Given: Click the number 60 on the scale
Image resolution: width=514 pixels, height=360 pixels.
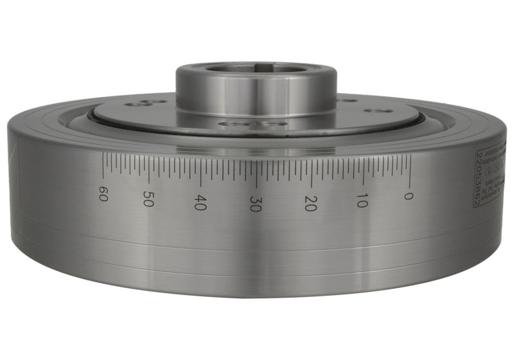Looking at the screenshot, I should click(102, 193).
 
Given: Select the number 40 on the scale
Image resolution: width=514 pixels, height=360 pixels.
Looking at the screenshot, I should click(200, 203).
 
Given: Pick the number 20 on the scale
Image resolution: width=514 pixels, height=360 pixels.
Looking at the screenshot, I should click(310, 203).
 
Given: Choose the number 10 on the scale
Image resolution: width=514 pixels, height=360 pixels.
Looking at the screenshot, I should click(362, 199).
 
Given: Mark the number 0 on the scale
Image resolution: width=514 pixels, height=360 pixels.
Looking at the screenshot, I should click(408, 194).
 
